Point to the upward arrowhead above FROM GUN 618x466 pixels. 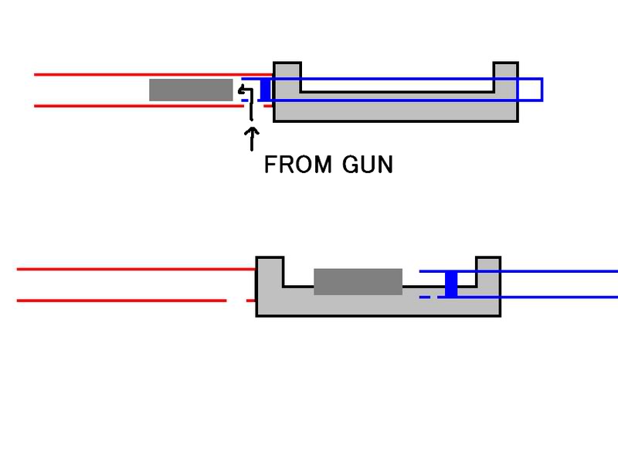coord(251,134)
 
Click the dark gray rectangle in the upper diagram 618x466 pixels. coord(191,90)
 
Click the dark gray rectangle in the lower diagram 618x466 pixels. coord(358,281)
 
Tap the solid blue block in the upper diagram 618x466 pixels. coord(266,90)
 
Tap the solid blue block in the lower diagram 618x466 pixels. coord(452,284)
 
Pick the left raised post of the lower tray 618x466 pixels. coord(270,267)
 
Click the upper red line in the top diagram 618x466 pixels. coord(139,75)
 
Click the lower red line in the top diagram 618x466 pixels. coord(139,106)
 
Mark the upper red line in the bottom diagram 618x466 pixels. coord(131,269)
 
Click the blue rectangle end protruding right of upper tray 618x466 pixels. coord(531,90)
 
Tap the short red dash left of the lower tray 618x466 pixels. coord(250,300)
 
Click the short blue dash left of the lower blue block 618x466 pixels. coord(424,297)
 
